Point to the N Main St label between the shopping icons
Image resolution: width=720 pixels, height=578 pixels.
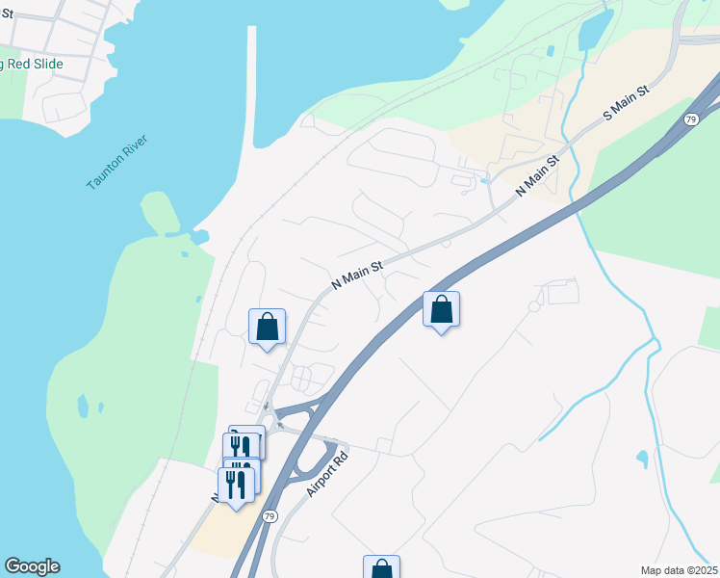[357, 273]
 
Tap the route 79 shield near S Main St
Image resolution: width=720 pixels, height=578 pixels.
[691, 119]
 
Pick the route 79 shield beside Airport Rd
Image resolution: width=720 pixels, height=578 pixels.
[270, 516]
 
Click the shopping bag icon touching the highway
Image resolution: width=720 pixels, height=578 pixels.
[441, 310]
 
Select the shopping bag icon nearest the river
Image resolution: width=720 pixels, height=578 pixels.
[268, 326]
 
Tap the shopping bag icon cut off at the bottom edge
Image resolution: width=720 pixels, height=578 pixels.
[381, 567]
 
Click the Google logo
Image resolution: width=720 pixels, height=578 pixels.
[32, 566]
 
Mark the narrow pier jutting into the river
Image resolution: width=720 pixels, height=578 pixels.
[254, 87]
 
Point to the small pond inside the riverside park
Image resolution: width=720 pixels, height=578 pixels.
[83, 407]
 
